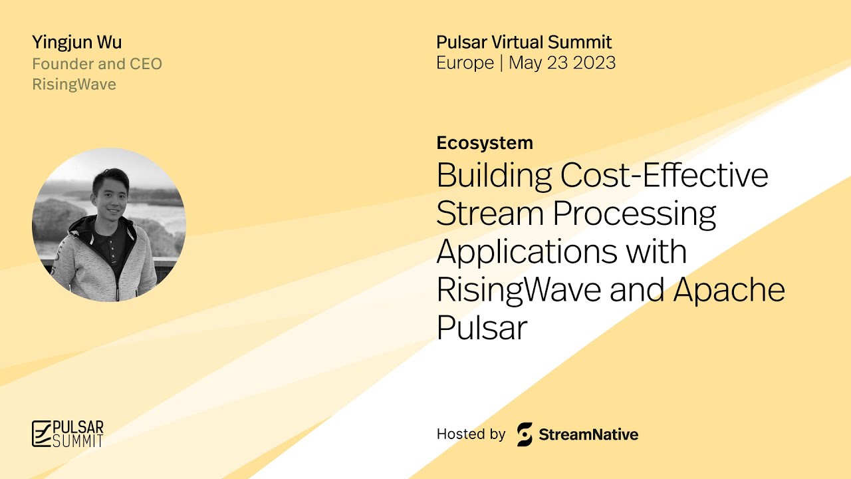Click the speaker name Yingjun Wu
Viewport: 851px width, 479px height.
[76, 43]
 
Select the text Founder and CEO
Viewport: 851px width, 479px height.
[97, 64]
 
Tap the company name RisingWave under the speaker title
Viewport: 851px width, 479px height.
[74, 84]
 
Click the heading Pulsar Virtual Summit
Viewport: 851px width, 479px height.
[524, 43]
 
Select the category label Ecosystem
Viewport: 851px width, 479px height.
[485, 142]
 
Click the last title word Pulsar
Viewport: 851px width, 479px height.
[481, 329]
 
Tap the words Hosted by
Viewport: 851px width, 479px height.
[471, 434]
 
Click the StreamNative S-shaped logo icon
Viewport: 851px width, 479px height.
[525, 434]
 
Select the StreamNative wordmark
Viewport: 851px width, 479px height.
[588, 435]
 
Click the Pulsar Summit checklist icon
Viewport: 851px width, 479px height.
[41, 433]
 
